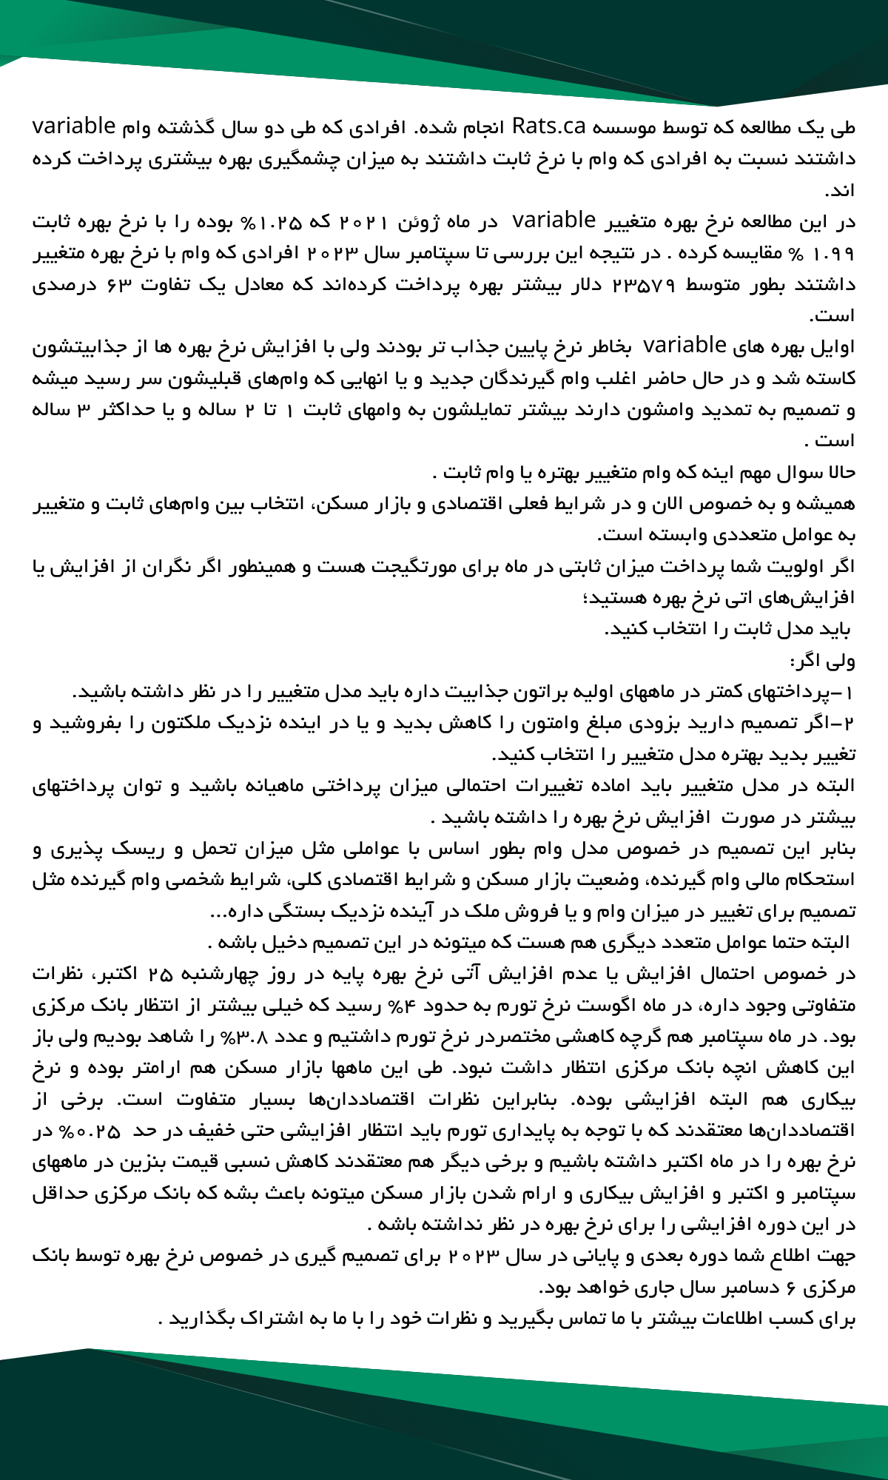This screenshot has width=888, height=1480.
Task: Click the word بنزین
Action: coord(195,1162)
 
